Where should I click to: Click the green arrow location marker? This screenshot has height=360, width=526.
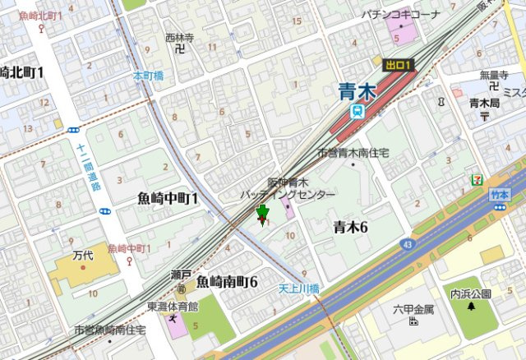click(x=263, y=215)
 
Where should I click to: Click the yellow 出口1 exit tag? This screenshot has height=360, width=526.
click(x=399, y=64)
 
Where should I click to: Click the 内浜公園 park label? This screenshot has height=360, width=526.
click(x=470, y=293)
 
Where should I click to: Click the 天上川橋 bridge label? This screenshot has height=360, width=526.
click(x=298, y=288)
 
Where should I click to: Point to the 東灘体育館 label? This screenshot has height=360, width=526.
click(x=173, y=306)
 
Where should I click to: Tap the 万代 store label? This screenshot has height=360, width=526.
click(x=83, y=256)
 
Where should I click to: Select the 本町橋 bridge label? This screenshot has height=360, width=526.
click(x=149, y=76)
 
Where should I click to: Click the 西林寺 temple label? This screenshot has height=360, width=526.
click(x=179, y=37)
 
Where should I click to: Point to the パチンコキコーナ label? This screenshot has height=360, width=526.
click(x=400, y=14)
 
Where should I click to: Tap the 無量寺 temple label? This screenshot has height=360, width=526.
click(x=494, y=74)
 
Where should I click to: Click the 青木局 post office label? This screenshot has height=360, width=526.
click(x=485, y=103)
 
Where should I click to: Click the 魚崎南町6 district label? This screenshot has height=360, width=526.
click(x=227, y=282)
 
